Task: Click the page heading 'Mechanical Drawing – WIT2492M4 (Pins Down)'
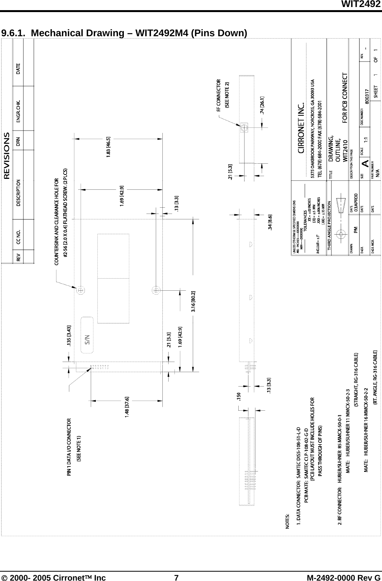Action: [124, 33]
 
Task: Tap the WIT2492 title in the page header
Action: [361, 4]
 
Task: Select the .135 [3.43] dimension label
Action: [69, 336]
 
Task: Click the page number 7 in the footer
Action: [176, 577]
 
